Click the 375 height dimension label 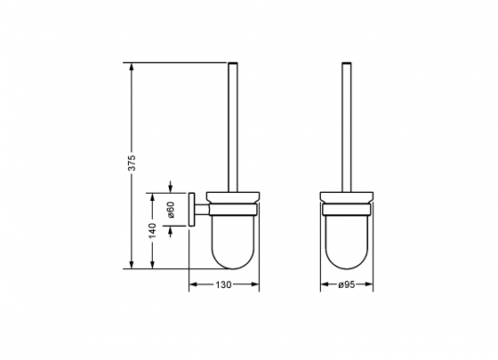[x=132, y=163]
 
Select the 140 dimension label [x=153, y=231]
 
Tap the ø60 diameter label [x=171, y=210]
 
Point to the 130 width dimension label [x=223, y=284]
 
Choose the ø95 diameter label [x=346, y=284]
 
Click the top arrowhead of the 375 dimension [x=132, y=67]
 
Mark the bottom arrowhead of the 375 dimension [x=132, y=265]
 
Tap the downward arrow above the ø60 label [x=171, y=187]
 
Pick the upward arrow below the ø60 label [x=171, y=232]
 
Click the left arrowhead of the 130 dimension [x=194, y=284]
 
